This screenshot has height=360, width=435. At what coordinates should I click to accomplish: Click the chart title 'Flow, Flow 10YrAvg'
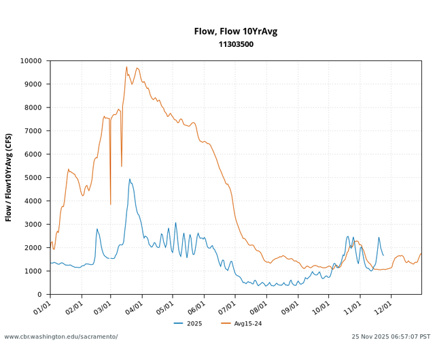[x=235, y=31]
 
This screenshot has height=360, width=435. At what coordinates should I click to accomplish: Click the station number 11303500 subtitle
[x=235, y=44]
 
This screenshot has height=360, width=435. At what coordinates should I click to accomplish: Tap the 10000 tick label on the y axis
[x=31, y=61]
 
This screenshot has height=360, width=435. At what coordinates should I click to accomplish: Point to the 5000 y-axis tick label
[x=34, y=178]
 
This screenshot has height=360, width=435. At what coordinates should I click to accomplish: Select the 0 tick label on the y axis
[x=42, y=295]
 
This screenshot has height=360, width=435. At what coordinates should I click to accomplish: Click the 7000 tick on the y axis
[x=34, y=131]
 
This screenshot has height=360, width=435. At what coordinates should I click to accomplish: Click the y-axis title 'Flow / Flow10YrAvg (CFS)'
[x=9, y=177]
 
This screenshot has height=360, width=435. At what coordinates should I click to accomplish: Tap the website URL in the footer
[x=61, y=337]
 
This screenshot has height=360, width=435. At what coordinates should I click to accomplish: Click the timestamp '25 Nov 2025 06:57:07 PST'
[x=391, y=337]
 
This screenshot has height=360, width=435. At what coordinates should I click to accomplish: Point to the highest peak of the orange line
[x=126, y=67]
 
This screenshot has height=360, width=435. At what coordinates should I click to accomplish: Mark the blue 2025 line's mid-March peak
[x=130, y=179]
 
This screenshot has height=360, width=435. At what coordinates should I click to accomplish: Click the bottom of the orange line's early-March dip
[x=111, y=204]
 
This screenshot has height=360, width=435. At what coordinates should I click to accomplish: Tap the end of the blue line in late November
[x=383, y=255]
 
